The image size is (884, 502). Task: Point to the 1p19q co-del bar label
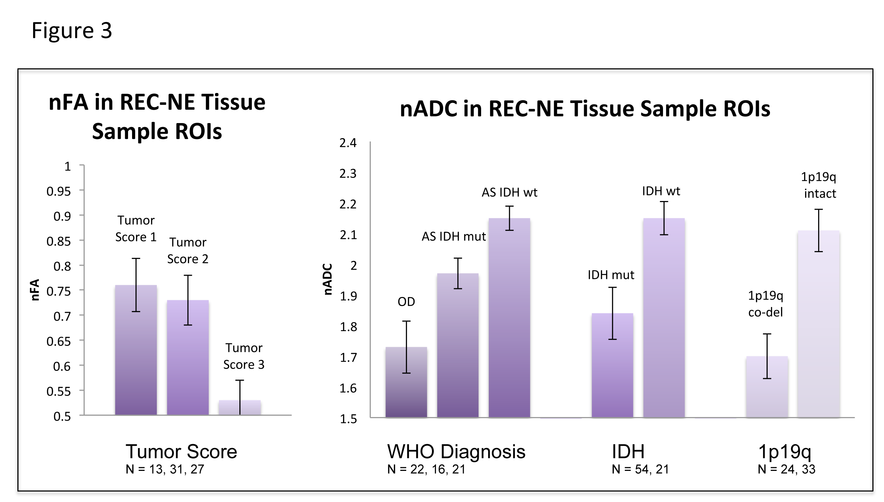pyautogui.click(x=765, y=304)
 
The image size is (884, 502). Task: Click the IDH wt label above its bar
pyautogui.click(x=661, y=191)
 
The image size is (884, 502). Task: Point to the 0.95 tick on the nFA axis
pyautogui.click(x=59, y=191)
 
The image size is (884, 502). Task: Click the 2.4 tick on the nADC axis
pyautogui.click(x=348, y=143)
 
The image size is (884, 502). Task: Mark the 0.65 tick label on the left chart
pyautogui.click(x=59, y=341)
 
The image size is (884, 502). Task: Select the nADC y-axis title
pyautogui.click(x=328, y=279)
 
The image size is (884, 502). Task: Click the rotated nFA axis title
pyautogui.click(x=35, y=290)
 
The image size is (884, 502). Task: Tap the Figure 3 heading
pyautogui.click(x=72, y=30)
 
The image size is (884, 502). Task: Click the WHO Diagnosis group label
pyautogui.click(x=456, y=451)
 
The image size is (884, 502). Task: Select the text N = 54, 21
pyautogui.click(x=640, y=469)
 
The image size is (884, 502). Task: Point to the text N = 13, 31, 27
pyautogui.click(x=165, y=469)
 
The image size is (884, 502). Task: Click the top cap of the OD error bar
pyautogui.click(x=406, y=321)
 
